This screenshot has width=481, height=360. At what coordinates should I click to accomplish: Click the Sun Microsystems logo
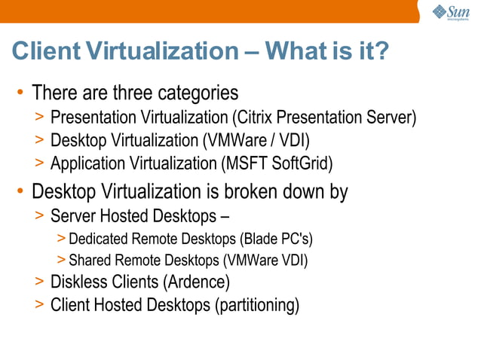tap(450, 12)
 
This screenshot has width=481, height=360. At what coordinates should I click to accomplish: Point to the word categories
tap(198, 93)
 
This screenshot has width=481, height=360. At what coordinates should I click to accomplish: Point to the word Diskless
tap(78, 283)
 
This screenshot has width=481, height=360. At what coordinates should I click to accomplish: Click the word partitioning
tap(257, 305)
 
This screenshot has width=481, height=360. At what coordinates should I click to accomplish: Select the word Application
tap(85, 163)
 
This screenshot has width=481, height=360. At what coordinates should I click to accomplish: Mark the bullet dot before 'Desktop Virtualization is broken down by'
tap(21, 192)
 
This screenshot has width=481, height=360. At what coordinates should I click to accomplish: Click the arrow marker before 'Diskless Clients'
tap(39, 283)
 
